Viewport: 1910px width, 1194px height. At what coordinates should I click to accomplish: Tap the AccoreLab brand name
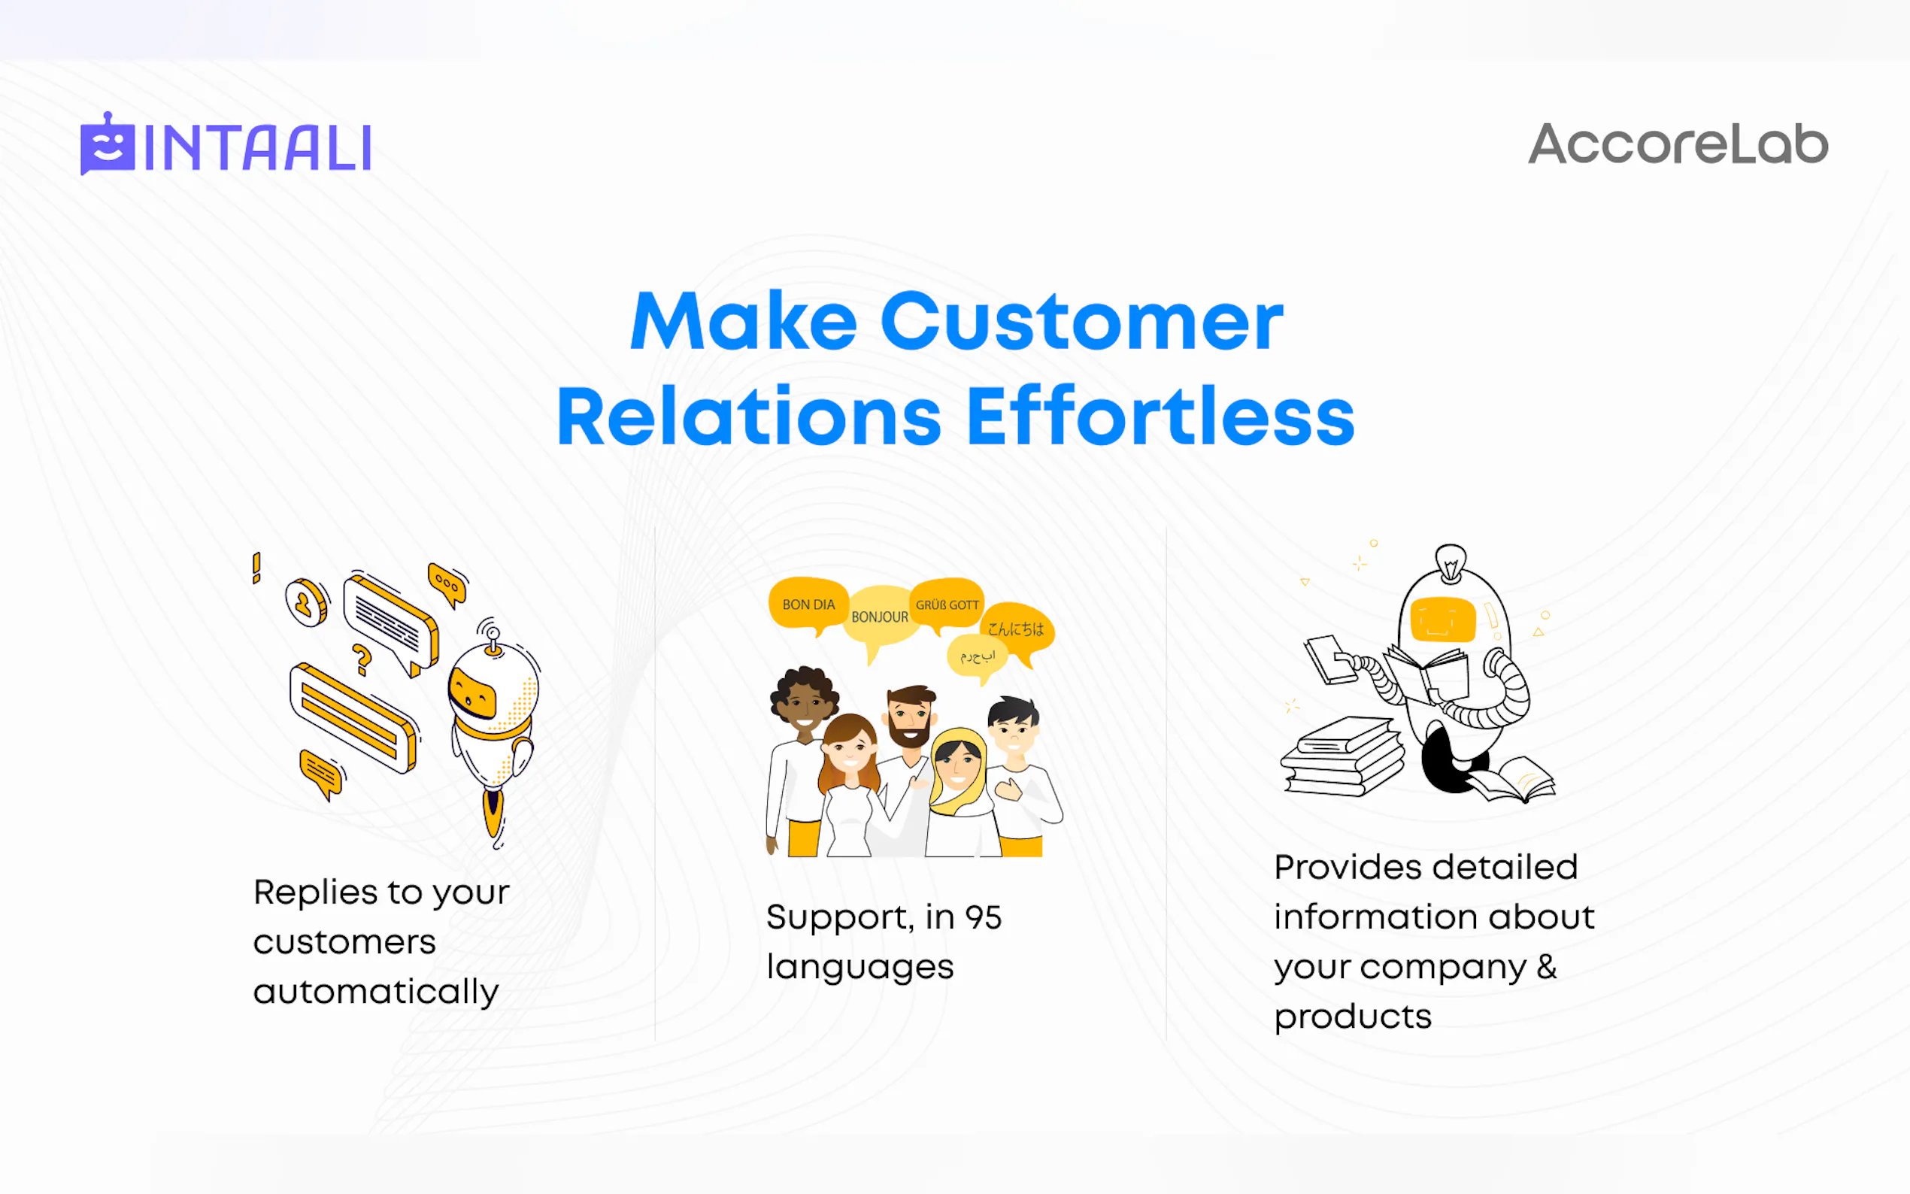click(1678, 144)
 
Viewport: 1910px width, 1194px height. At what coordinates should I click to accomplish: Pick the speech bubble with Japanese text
click(1017, 630)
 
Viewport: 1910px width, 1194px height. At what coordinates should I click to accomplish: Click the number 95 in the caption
click(983, 917)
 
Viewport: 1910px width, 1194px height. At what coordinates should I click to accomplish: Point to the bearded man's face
click(911, 717)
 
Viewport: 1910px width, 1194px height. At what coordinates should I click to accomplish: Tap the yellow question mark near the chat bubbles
click(362, 660)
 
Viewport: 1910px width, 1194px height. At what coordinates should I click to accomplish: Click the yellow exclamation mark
click(256, 568)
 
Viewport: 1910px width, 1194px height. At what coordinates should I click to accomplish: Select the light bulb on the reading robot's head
click(1451, 562)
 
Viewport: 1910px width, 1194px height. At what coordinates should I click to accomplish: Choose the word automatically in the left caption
click(376, 992)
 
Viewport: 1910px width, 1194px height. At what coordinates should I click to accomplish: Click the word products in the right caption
click(1353, 1017)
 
